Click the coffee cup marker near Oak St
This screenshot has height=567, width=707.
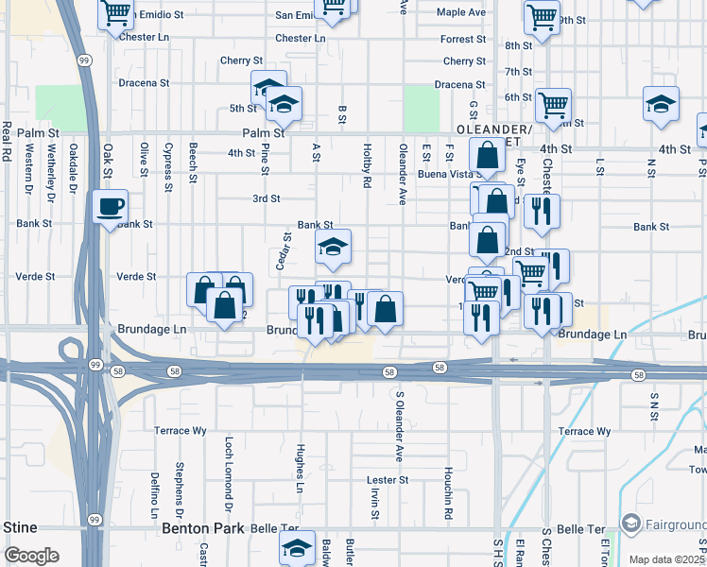click(x=111, y=207)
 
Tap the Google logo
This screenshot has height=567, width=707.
click(x=31, y=556)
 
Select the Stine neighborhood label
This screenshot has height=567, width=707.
click(x=20, y=526)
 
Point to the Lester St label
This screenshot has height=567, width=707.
click(x=388, y=480)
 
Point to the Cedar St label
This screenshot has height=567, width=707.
click(x=282, y=250)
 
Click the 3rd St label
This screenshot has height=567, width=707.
click(x=267, y=198)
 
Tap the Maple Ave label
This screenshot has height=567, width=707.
click(x=461, y=12)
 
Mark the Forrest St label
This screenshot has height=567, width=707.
click(x=463, y=40)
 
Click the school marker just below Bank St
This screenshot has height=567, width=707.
click(x=333, y=248)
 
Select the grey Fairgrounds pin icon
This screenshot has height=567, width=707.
click(x=630, y=524)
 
